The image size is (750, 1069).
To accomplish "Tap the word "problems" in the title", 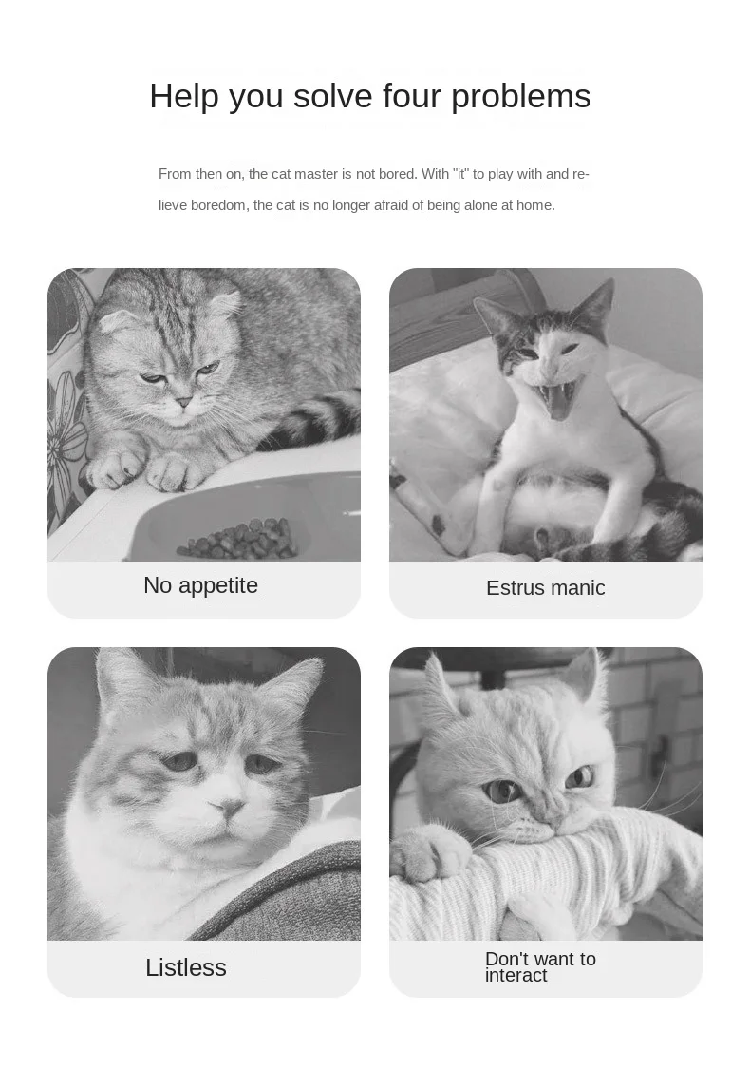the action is [x=521, y=97].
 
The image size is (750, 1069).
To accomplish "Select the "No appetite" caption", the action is [x=201, y=585].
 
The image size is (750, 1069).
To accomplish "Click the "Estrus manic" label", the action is [x=546, y=587].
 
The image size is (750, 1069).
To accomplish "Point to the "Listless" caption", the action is [x=186, y=967].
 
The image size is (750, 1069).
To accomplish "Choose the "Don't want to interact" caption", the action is [x=540, y=966].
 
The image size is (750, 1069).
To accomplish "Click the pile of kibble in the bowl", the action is [x=239, y=538].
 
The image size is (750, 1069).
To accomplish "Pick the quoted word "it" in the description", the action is [x=461, y=174].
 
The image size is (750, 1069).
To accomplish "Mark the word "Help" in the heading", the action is [x=184, y=95].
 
